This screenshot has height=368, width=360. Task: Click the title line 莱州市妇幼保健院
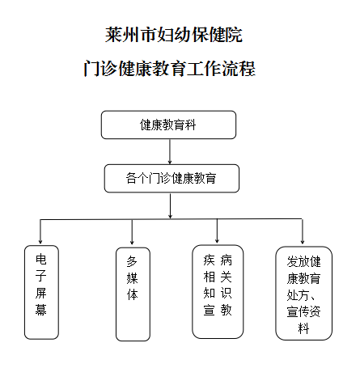(174, 35)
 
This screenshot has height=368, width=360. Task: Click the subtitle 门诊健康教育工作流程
(169, 69)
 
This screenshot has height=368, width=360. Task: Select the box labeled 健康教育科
(168, 125)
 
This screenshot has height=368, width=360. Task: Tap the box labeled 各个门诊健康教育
(172, 179)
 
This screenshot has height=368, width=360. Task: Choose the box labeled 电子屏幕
(41, 292)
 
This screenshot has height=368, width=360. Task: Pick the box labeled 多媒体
(133, 294)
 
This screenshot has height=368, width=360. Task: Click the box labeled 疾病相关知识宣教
(218, 292)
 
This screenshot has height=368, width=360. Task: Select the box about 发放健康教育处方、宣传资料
(304, 294)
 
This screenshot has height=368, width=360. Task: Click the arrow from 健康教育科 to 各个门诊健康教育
(170, 151)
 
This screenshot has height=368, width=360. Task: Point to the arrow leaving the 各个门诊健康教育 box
(170, 206)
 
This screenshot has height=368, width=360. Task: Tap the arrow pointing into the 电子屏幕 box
(40, 231)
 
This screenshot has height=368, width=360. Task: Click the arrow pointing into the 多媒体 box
(132, 232)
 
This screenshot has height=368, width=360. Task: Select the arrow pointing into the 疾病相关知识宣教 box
(217, 231)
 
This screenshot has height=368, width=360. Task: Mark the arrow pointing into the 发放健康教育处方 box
(303, 231)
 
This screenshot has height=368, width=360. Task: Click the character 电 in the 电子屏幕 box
(41, 259)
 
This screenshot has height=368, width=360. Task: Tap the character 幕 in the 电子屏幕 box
(41, 309)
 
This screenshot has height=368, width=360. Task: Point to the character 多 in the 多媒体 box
(132, 261)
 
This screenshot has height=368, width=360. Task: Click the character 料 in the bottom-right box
(303, 328)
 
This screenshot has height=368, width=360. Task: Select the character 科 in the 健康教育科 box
(190, 125)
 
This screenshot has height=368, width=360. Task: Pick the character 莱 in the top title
(113, 35)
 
